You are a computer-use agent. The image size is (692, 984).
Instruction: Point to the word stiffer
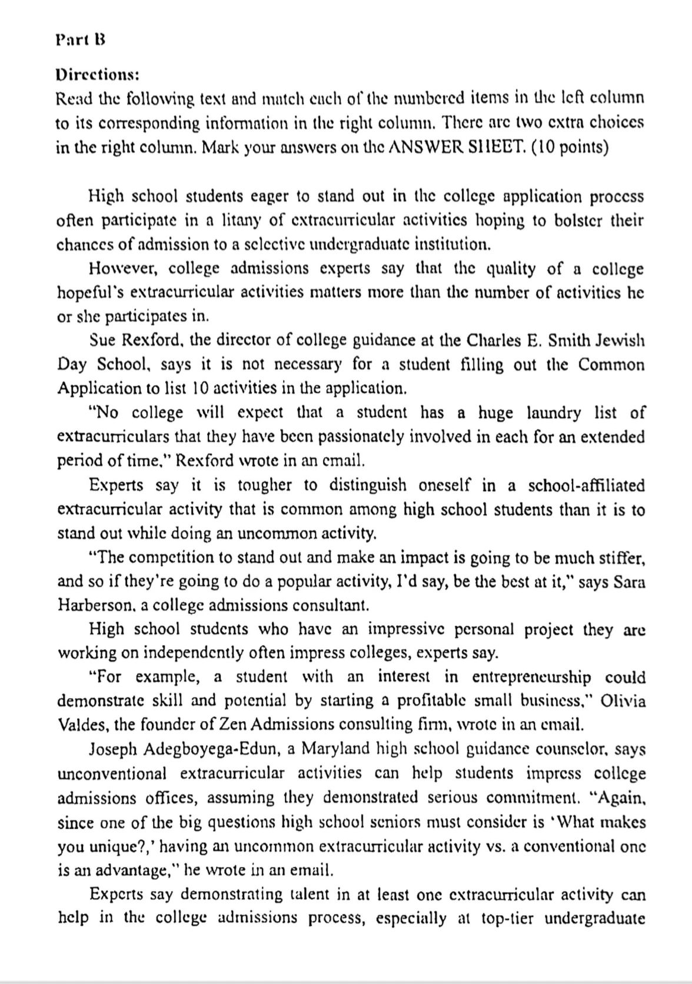pos(618,557)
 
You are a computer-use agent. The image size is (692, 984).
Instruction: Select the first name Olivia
pos(624,701)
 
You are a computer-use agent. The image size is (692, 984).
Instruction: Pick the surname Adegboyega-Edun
pos(199,750)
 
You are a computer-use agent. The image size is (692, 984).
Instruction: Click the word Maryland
pos(331,750)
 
